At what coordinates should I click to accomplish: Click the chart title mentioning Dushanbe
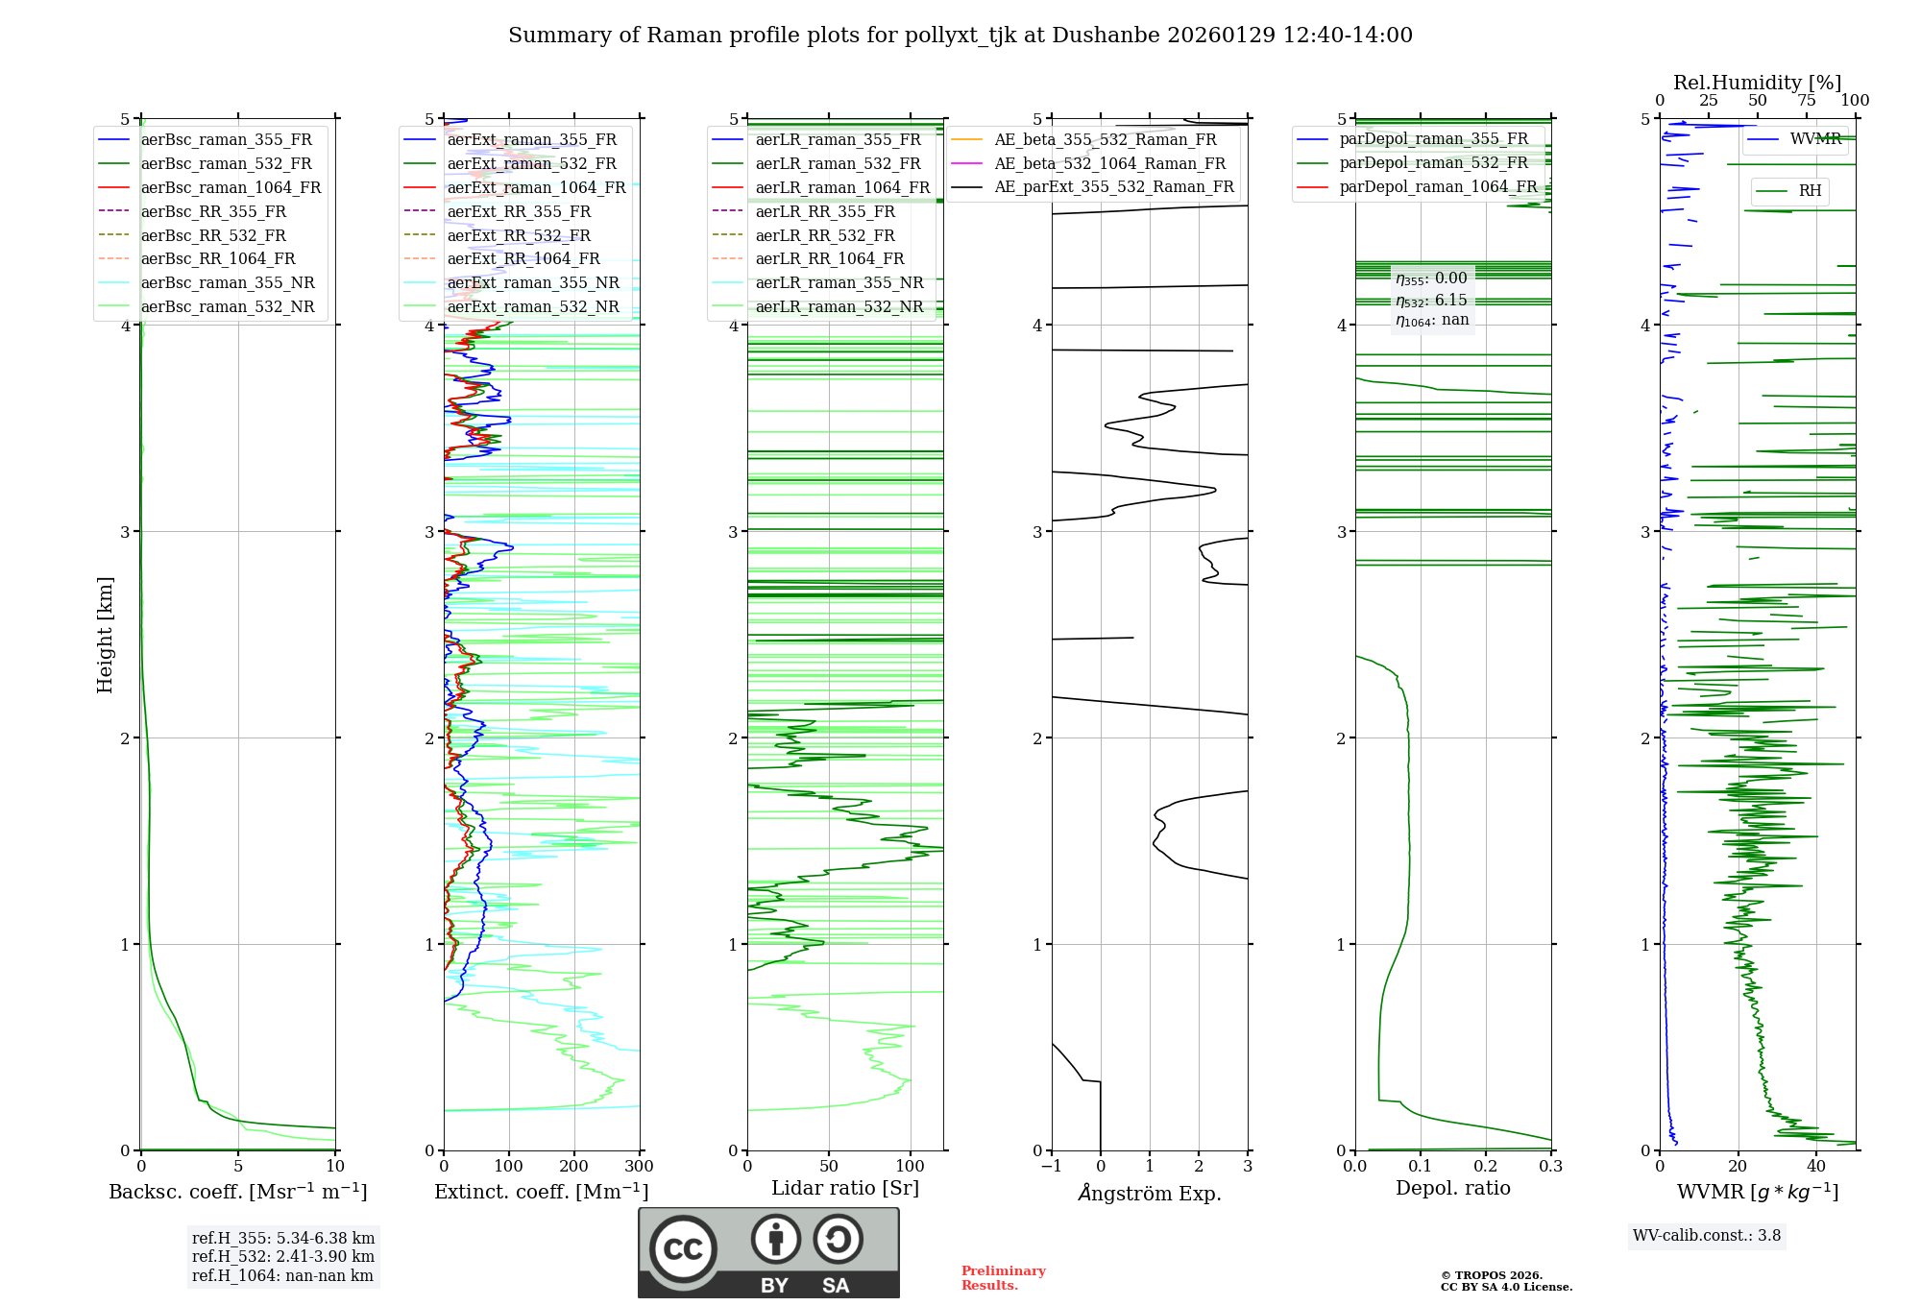coord(960,36)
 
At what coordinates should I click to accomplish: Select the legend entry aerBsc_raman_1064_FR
coord(231,188)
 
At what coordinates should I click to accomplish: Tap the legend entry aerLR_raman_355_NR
coord(839,283)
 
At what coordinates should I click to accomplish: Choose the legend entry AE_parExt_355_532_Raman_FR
coord(1113,187)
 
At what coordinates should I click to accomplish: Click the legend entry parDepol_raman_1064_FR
coord(1438,187)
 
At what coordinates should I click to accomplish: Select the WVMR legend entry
coord(1814,139)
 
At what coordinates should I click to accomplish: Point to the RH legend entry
coord(1810,191)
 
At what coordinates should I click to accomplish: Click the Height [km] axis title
coord(106,635)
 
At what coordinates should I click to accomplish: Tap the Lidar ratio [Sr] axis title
coord(845,1189)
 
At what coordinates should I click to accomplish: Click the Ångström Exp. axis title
coord(1150,1194)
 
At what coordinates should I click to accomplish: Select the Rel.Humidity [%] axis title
coord(1757,83)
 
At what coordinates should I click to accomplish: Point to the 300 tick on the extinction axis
coord(639,1167)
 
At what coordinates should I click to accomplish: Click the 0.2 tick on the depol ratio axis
coord(1486,1167)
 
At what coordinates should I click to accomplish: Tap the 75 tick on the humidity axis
coord(1807,101)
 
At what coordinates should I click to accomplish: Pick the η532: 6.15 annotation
coord(1431,301)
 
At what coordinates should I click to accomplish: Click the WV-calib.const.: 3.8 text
coord(1707,1236)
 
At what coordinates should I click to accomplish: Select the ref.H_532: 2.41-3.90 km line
coord(283,1257)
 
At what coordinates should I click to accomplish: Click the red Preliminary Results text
coord(1003,1278)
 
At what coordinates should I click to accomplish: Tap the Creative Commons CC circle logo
coord(683,1249)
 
